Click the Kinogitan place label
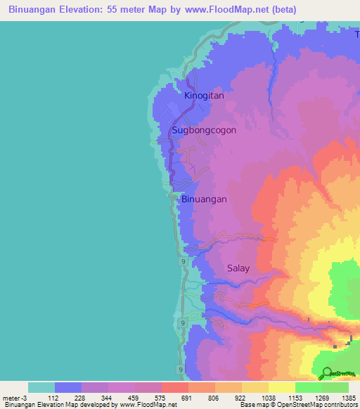tap(204, 96)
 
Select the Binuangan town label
tap(204, 199)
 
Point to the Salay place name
tap(238, 268)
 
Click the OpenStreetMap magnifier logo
tap(328, 374)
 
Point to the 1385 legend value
tap(348, 398)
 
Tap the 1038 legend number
tap(268, 398)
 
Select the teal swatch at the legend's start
tap(41, 387)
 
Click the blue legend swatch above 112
tap(67, 387)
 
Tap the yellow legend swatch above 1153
tap(281, 387)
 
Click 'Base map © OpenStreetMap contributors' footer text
tap(297, 405)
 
